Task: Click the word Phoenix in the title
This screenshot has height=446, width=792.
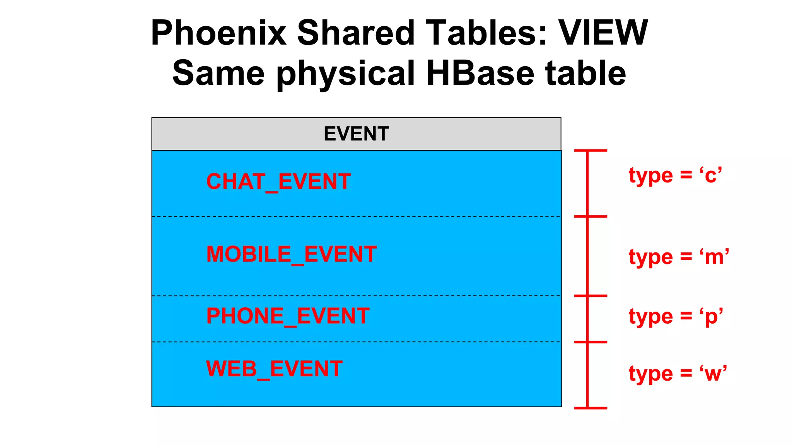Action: click(218, 33)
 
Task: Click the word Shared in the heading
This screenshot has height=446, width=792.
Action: click(356, 33)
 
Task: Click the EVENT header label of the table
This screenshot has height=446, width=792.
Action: click(356, 134)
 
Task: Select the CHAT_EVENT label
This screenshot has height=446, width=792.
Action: click(278, 182)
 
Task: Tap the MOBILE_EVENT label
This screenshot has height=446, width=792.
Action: click(291, 254)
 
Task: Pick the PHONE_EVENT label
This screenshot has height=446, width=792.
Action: click(288, 316)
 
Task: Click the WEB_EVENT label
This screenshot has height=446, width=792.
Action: click(274, 369)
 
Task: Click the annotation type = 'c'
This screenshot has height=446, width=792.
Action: click(675, 175)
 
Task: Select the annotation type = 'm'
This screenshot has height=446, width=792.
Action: click(679, 257)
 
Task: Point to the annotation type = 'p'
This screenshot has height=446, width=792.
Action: click(676, 317)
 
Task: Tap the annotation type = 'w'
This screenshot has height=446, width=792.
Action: click(678, 374)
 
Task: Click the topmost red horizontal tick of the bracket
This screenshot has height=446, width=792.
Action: click(591, 150)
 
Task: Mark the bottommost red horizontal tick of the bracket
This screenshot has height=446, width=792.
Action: click(591, 408)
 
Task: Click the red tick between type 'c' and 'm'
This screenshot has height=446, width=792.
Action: click(591, 216)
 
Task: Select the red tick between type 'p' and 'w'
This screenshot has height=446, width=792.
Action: click(591, 342)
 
